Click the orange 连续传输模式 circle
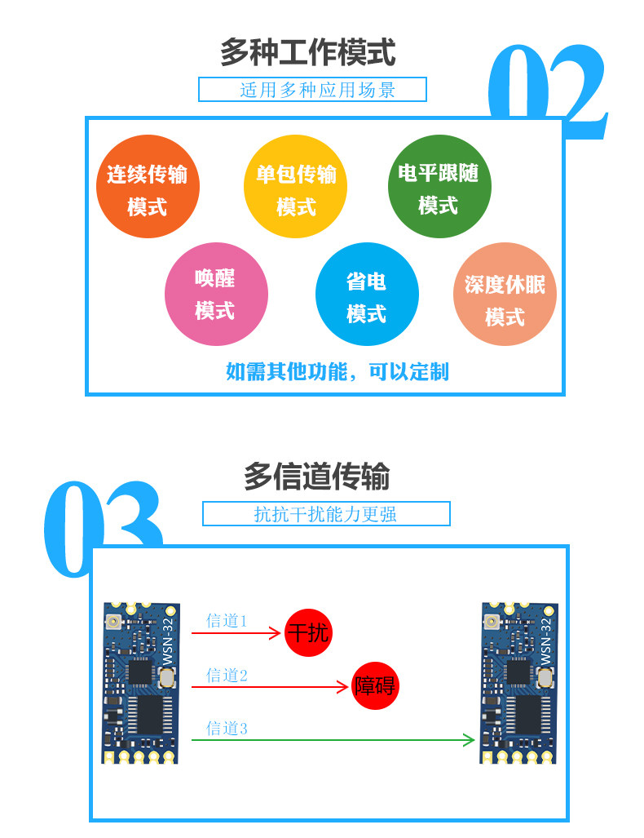click(148, 188)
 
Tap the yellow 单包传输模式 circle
click(295, 188)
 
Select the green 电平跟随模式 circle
click(439, 187)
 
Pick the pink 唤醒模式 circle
click(216, 294)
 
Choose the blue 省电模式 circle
click(366, 295)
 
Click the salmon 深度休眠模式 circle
click(505, 295)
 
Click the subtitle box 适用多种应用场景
click(313, 90)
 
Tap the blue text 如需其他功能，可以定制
click(337, 372)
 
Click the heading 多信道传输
click(316, 477)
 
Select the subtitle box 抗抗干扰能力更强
click(326, 514)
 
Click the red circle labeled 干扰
click(308, 632)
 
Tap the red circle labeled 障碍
click(375, 686)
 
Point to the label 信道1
click(226, 621)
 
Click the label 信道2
click(226, 675)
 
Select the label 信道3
click(226, 729)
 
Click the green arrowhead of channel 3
click(470, 740)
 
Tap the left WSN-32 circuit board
click(140, 683)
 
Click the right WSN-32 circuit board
click(518, 683)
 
